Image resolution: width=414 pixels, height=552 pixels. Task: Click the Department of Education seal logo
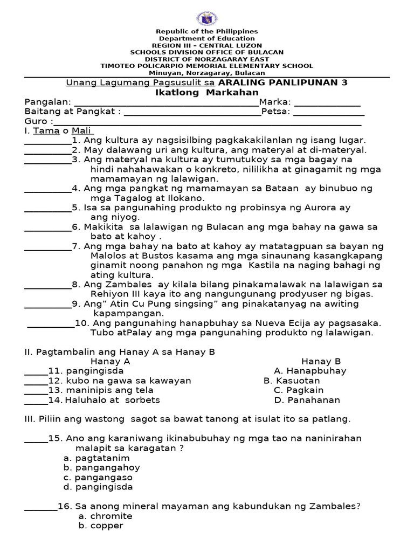(207, 18)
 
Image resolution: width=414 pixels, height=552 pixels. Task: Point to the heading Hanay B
(321, 361)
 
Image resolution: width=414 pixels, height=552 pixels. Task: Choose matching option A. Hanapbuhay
(310, 371)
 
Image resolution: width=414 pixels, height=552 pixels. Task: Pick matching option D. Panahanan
(307, 400)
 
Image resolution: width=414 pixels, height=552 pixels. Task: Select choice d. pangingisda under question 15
(98, 487)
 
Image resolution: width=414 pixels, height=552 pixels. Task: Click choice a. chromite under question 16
(105, 516)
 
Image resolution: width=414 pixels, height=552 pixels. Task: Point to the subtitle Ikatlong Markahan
(207, 92)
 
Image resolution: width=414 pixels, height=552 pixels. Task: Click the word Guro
(36, 121)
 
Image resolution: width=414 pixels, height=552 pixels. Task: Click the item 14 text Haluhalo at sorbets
(113, 400)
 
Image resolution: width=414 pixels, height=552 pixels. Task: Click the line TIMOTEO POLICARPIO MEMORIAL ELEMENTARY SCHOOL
(207, 66)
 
